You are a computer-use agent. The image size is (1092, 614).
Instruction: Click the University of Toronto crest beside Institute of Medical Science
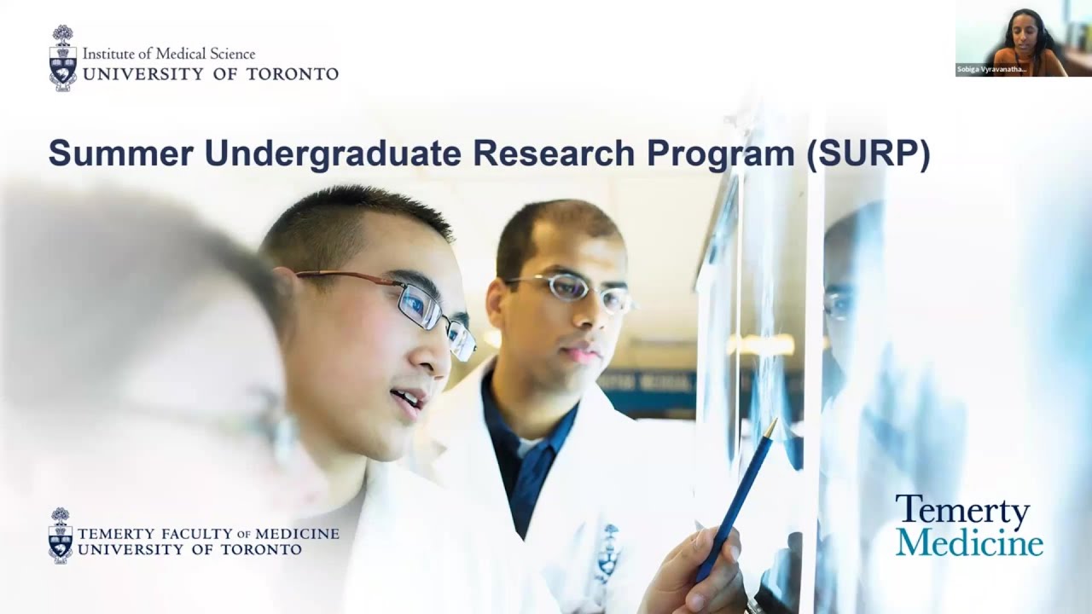click(x=62, y=58)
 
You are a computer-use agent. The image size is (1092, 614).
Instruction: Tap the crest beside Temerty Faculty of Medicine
click(x=61, y=536)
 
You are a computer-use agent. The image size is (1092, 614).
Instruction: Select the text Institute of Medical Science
click(x=168, y=54)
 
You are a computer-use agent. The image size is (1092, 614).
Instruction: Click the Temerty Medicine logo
click(x=968, y=525)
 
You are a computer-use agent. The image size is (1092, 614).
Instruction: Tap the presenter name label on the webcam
click(x=992, y=70)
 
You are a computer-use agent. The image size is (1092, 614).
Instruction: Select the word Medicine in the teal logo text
click(x=968, y=542)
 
